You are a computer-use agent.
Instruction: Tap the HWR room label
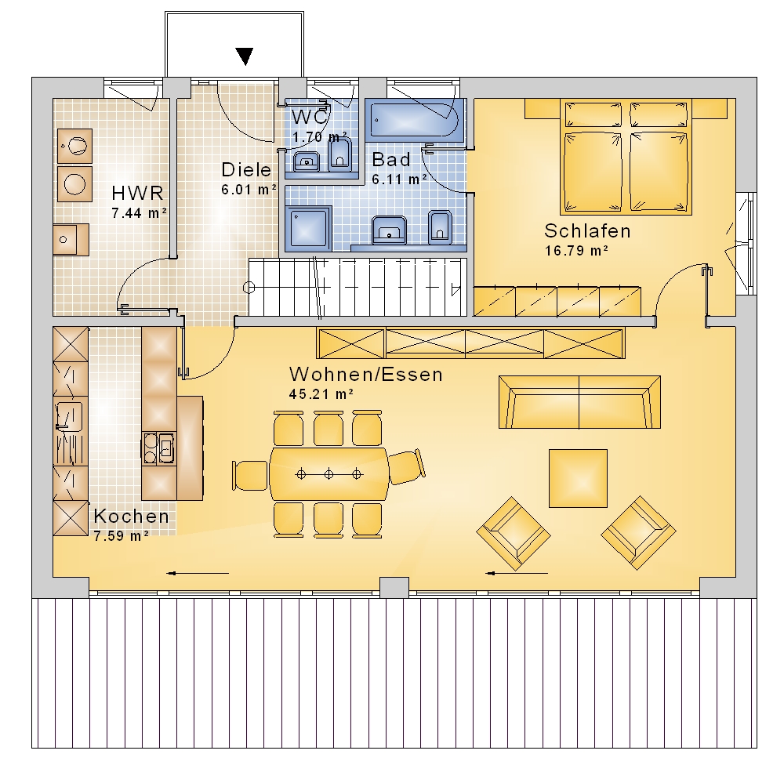137,193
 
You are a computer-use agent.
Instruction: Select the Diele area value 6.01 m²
249,190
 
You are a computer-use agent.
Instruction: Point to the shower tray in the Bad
308,229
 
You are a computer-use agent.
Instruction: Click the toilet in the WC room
340,153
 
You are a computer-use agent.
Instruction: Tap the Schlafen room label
587,231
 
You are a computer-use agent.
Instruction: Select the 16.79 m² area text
576,251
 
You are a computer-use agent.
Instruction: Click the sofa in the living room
579,403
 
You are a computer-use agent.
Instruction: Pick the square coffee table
578,478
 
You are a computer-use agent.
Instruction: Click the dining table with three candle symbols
329,474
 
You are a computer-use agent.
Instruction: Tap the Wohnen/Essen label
366,375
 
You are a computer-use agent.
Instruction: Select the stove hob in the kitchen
159,448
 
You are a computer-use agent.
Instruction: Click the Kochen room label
132,517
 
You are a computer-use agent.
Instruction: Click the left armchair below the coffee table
514,534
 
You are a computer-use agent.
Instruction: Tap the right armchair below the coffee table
638,533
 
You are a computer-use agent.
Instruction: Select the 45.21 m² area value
321,394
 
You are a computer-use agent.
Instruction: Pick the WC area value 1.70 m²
320,136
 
